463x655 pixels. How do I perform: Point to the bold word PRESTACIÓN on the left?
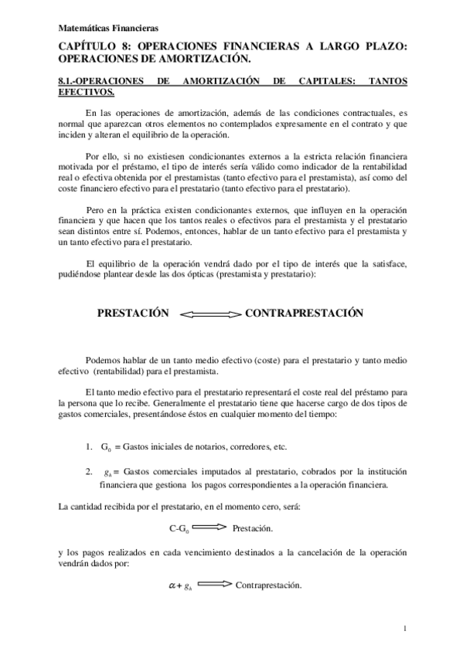pos(132,314)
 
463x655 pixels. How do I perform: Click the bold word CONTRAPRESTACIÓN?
pos(304,314)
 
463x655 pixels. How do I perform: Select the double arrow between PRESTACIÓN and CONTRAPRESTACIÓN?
pos(210,315)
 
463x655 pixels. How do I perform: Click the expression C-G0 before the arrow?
pos(179,529)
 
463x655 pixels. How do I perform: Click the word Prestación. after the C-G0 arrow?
pos(252,529)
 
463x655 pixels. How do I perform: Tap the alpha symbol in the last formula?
pos(172,585)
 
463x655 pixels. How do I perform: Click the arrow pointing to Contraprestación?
pos(215,584)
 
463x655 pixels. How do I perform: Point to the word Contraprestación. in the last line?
pos(268,585)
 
